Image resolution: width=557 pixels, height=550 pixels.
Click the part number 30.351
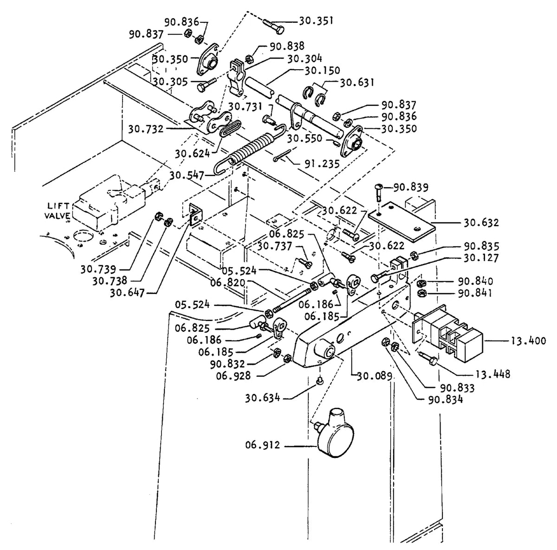[316, 21]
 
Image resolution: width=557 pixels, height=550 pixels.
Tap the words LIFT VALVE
[58, 210]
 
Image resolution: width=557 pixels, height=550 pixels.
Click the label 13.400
[528, 341]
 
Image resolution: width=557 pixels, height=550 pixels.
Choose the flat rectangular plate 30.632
[402, 221]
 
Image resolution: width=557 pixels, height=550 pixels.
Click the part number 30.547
[187, 175]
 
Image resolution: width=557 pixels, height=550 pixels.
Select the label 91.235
[322, 164]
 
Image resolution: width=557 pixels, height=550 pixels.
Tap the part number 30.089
[375, 376]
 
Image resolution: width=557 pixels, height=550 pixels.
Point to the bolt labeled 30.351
[273, 26]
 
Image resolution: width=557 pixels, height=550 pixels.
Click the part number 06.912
[263, 445]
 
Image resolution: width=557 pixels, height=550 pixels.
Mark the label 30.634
[263, 399]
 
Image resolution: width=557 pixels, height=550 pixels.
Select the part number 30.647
[127, 293]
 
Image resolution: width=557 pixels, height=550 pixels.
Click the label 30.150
[322, 70]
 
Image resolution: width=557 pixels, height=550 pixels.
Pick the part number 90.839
[411, 188]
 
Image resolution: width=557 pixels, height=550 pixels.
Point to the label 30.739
[98, 269]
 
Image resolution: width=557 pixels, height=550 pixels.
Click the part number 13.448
[493, 374]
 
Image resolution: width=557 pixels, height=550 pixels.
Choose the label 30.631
[356, 83]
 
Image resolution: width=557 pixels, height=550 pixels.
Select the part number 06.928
[233, 376]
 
